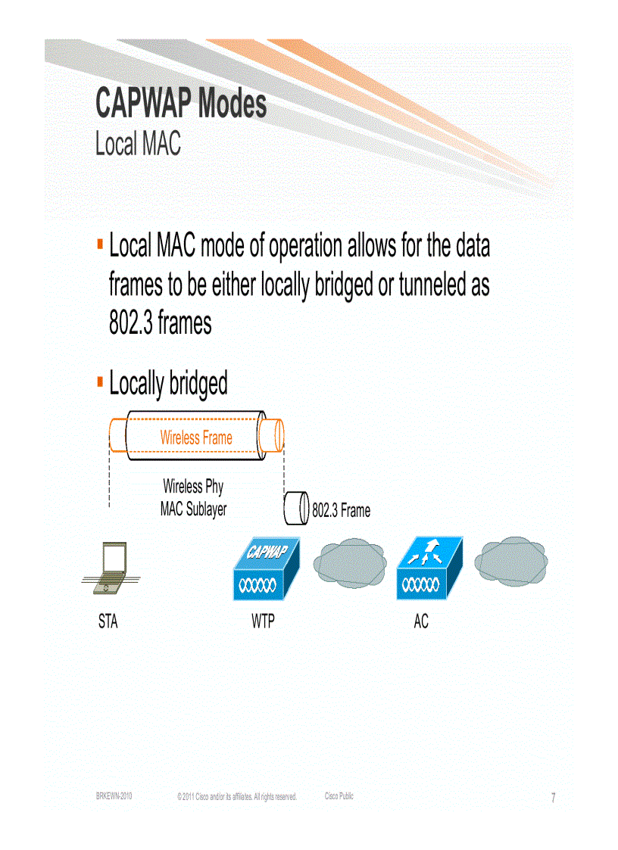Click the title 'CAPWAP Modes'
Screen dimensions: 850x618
[x=181, y=104]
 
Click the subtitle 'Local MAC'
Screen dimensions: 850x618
[x=138, y=144]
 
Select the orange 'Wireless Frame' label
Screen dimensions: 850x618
[x=196, y=437]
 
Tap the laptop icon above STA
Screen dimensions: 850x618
[x=109, y=568]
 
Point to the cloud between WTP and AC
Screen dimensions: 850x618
[x=349, y=563]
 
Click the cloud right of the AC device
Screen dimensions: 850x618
[x=510, y=561]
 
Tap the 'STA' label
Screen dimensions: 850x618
[x=108, y=622]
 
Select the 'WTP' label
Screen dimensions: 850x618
[x=263, y=622]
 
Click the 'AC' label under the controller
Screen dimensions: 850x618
[x=421, y=622]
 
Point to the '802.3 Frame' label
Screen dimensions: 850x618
[x=342, y=512]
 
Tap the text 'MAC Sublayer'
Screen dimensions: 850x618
[x=193, y=510]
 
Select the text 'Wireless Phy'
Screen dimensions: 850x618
[x=193, y=487]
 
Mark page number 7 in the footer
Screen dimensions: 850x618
[x=553, y=798]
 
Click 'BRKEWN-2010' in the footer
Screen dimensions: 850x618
[x=114, y=796]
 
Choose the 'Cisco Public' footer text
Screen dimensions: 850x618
[x=339, y=796]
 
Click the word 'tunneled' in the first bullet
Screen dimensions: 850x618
[x=429, y=285]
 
